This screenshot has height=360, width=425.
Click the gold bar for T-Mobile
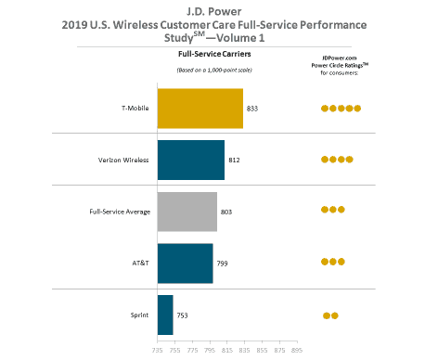pos(200,109)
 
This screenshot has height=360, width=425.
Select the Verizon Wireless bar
pos(191,160)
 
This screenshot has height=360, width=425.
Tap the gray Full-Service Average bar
pos(187,212)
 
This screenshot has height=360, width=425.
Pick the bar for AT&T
pos(186,263)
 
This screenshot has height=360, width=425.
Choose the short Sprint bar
pos(165,315)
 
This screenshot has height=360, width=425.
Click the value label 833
pos(252,109)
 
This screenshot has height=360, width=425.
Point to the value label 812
pos(234,160)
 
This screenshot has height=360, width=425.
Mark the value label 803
pos(226,212)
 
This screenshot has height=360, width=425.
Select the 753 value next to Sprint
pos(183,315)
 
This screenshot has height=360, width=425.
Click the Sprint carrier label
pos(141,315)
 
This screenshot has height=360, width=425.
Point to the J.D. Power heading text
pos(213,10)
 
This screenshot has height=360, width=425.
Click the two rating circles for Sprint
pos(330,315)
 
